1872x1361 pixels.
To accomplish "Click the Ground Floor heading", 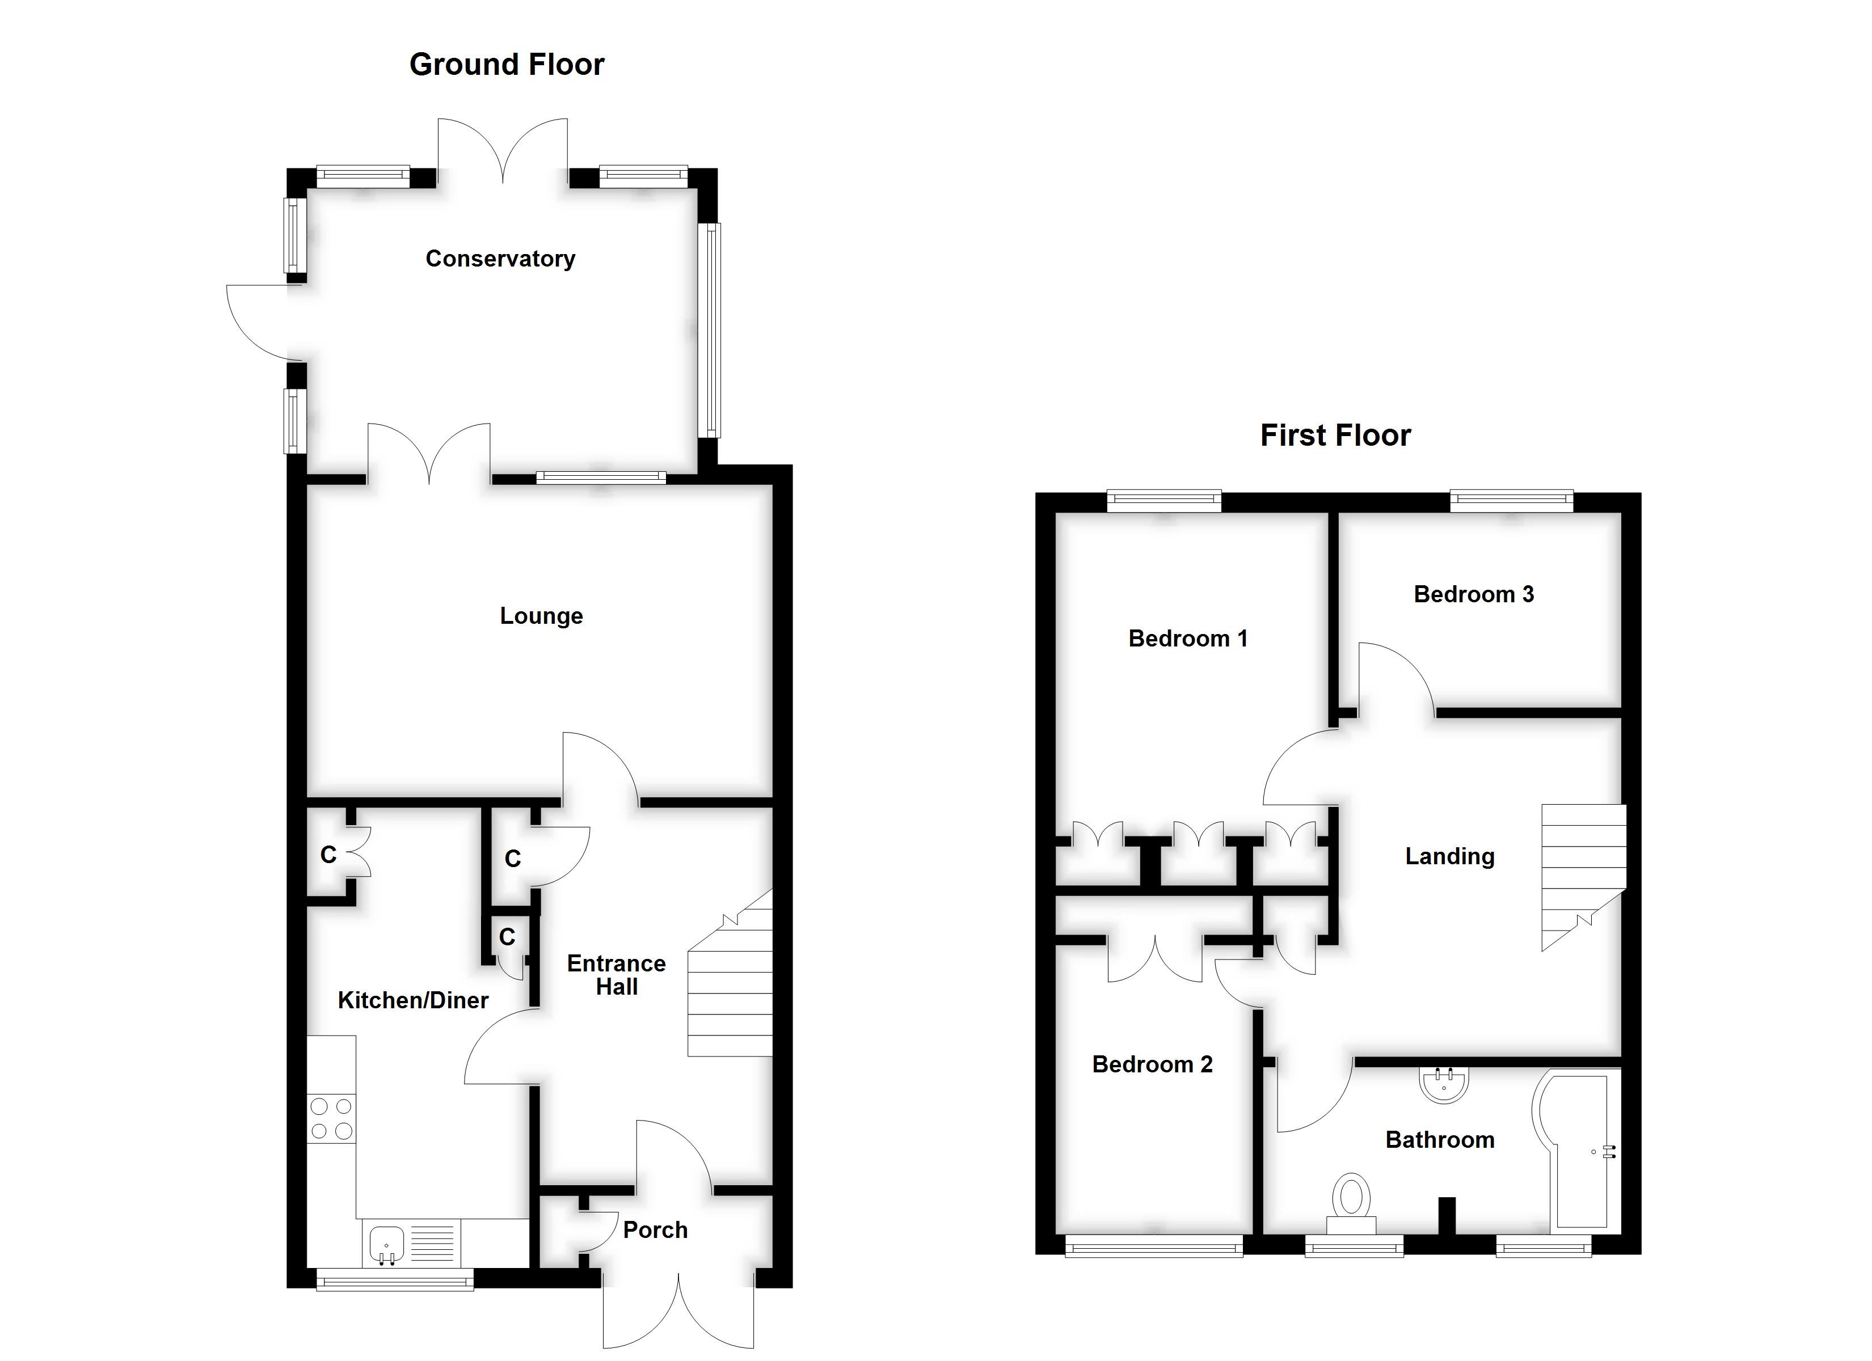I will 506,65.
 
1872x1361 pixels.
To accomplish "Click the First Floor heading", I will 1335,435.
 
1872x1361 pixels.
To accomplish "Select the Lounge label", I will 541,616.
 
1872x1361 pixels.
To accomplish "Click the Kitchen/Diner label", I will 413,1000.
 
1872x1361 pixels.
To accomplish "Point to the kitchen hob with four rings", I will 331,1118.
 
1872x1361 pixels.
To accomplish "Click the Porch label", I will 655,1230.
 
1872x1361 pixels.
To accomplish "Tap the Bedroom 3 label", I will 1473,594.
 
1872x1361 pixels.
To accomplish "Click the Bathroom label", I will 1440,1140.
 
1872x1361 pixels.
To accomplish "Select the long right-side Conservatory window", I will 711,330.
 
